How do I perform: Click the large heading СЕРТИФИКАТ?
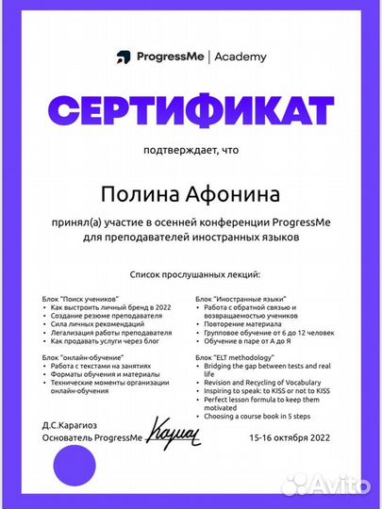[191, 108]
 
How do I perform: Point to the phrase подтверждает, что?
[191, 151]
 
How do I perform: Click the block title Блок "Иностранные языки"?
[234, 299]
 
